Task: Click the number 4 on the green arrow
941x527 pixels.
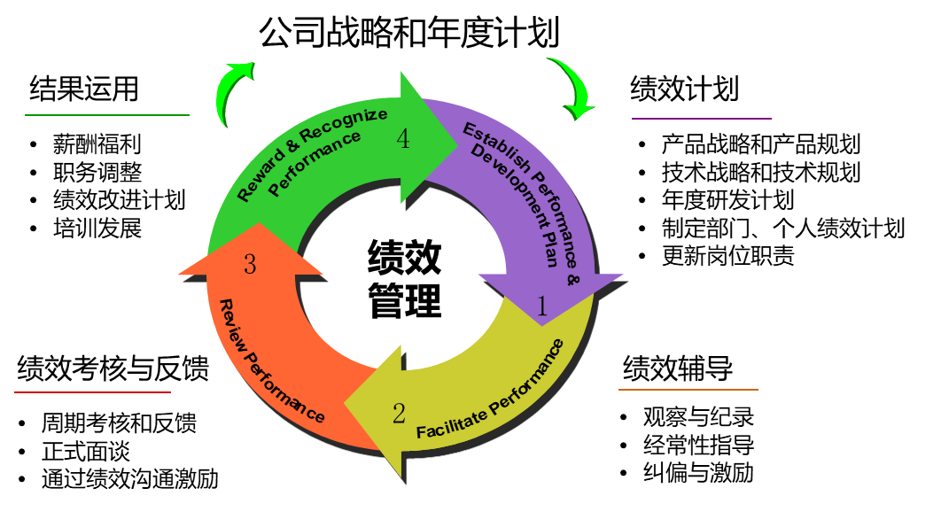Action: [403, 140]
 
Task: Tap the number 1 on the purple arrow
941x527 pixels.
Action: [542, 306]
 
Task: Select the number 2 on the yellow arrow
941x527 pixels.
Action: [399, 413]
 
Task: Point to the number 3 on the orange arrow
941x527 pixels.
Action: [250, 264]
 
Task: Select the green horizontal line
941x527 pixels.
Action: [107, 115]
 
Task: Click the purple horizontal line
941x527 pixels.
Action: [701, 119]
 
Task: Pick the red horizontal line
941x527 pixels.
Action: [92, 391]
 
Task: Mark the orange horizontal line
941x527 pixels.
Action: [688, 390]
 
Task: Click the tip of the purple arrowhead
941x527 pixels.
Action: [543, 324]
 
